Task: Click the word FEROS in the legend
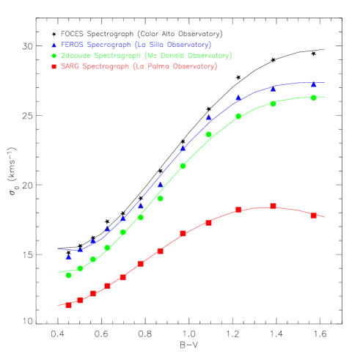point(73,45)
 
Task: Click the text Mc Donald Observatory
point(188,56)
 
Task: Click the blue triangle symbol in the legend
point(54,45)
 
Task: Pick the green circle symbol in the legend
point(54,56)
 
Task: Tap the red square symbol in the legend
point(54,67)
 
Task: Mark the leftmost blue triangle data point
point(68,257)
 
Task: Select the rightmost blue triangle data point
point(313,84)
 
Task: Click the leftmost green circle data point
point(68,275)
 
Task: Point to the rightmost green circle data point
point(313,98)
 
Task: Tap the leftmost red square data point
point(68,305)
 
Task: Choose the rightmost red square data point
point(313,216)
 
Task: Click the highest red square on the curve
point(273,207)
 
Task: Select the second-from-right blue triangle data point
point(273,89)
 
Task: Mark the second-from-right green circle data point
point(273,103)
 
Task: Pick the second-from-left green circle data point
point(80,268)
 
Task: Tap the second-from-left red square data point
point(80,300)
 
